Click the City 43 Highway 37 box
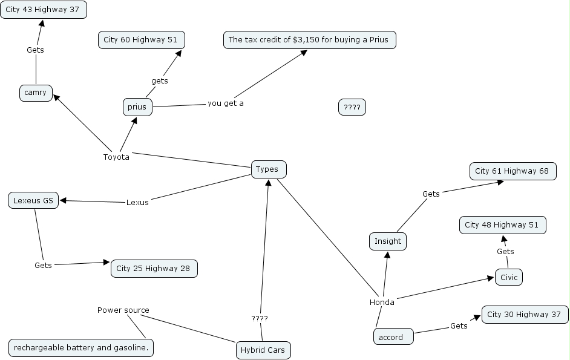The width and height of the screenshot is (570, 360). [x=44, y=10]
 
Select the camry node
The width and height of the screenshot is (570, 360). [x=36, y=93]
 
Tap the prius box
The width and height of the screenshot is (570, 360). [x=137, y=107]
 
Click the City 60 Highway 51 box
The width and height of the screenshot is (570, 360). [x=141, y=40]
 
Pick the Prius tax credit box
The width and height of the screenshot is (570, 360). [x=309, y=40]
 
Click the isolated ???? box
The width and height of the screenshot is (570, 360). [x=352, y=108]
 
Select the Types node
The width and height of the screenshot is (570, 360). [x=268, y=169]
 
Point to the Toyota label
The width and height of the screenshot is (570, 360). [x=116, y=157]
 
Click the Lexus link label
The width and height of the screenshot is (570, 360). [x=137, y=202]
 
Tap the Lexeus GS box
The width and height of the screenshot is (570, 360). [x=33, y=200]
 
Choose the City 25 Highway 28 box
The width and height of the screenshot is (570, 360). [x=154, y=268]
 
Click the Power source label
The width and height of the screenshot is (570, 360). [x=123, y=310]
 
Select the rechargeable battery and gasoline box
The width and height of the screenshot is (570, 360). [x=81, y=348]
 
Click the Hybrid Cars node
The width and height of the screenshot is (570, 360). [x=263, y=350]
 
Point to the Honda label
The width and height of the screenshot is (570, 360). [x=382, y=303]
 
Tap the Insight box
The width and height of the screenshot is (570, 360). [x=388, y=241]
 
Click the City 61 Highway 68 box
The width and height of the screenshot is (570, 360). [x=512, y=171]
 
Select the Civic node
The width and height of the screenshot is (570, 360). [x=508, y=277]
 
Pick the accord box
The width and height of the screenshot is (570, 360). [x=393, y=337]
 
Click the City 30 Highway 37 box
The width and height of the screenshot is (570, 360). [x=525, y=315]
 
